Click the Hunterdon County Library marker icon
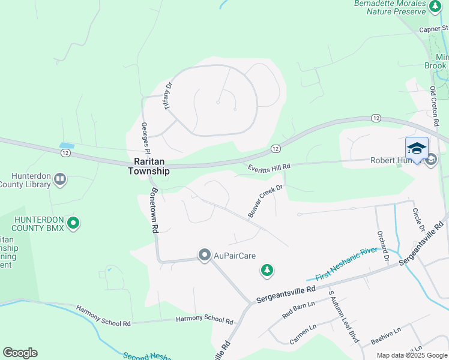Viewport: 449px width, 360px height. coord(60,179)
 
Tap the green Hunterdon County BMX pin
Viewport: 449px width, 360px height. coord(73,224)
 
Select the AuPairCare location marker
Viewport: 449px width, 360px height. coord(204,255)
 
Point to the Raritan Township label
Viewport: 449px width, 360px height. coord(149,166)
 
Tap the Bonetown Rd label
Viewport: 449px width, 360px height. coord(154,210)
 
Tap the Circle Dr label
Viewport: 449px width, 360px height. coord(418,221)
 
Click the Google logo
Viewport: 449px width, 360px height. coord(20,353)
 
